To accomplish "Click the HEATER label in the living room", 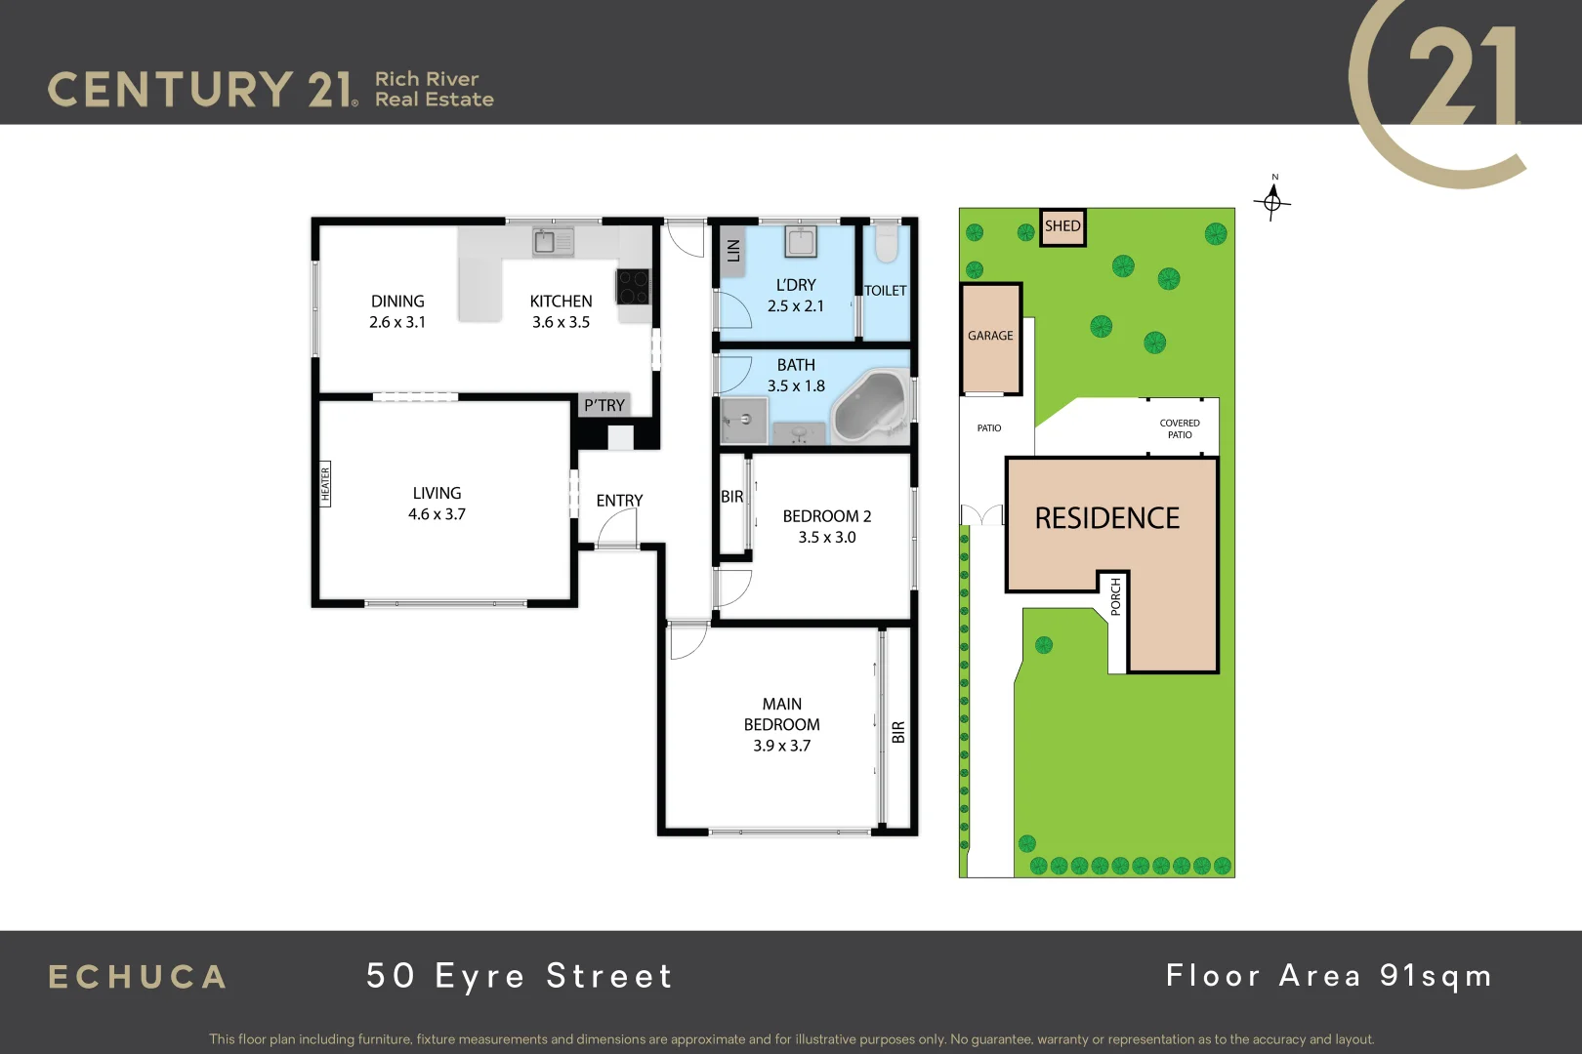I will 325,484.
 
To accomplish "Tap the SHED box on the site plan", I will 1062,226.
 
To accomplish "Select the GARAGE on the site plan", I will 990,337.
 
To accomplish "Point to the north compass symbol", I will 1272,201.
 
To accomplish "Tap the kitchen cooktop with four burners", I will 632,286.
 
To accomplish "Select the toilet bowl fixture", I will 886,244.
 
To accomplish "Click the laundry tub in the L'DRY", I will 801,241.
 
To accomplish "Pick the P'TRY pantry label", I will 604,405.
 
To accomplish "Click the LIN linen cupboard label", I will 733,250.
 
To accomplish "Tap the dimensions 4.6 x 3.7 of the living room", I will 437,514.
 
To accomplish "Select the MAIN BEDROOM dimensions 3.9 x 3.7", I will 781,746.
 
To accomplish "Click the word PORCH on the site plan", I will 1116,596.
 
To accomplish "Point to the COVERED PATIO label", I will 1180,428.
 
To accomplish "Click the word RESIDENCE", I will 1106,518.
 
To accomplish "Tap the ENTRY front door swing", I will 618,532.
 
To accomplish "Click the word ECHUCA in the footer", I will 138,977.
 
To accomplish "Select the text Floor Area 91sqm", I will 1328,976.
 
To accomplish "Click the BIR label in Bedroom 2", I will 731,497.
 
